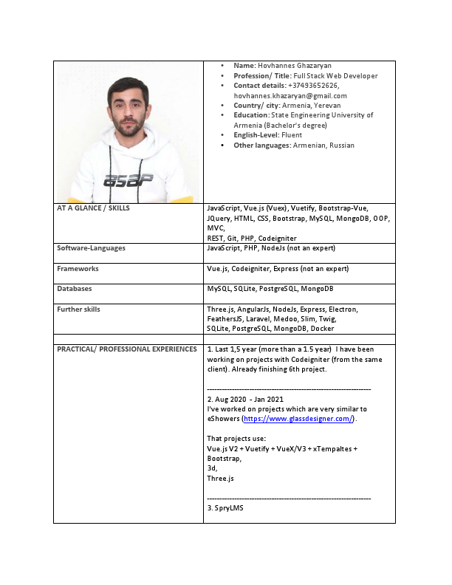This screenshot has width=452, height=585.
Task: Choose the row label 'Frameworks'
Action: click(x=78, y=269)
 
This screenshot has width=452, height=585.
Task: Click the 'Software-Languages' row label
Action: click(x=91, y=249)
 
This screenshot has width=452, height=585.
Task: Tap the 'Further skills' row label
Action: click(x=78, y=309)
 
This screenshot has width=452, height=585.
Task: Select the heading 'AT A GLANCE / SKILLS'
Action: click(x=93, y=208)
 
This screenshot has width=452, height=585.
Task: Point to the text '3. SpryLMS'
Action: click(x=225, y=508)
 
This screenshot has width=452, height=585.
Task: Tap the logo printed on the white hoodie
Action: click(x=128, y=180)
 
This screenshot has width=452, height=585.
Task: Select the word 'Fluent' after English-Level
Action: click(x=292, y=135)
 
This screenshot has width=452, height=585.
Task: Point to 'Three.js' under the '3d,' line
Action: click(x=220, y=479)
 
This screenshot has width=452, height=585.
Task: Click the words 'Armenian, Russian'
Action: click(x=323, y=146)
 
